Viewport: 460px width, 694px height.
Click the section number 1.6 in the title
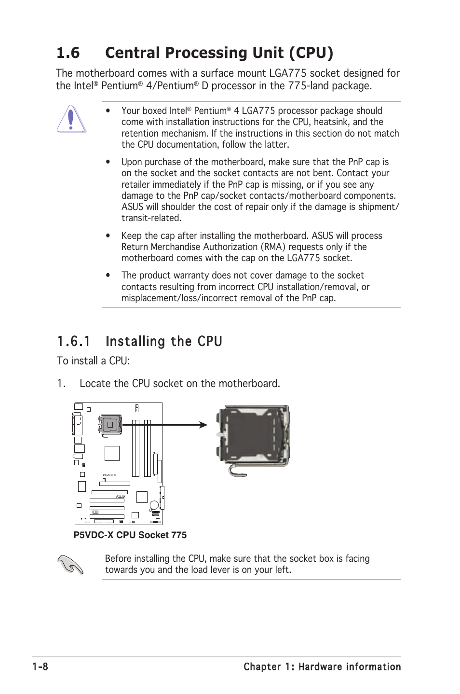(x=68, y=53)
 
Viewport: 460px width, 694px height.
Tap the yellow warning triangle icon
(x=71, y=119)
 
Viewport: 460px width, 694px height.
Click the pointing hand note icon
(x=70, y=564)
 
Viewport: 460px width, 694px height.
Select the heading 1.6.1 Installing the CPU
(x=139, y=341)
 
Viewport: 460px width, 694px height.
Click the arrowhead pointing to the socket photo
(x=203, y=425)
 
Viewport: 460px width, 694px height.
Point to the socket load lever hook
(x=237, y=470)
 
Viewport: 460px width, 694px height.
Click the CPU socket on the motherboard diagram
(x=110, y=425)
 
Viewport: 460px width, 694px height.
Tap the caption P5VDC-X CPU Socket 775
(x=130, y=535)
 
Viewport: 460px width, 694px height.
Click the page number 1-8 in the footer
(x=40, y=666)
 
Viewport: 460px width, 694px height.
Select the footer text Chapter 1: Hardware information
(x=322, y=666)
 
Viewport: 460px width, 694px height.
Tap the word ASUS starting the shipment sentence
(x=132, y=207)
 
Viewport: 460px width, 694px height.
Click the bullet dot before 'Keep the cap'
(x=108, y=236)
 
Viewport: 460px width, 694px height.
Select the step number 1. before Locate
(x=61, y=383)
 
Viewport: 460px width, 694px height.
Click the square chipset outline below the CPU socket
(x=112, y=454)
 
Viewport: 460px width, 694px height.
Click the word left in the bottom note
(x=282, y=569)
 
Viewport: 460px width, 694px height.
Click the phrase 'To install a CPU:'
(x=93, y=361)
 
